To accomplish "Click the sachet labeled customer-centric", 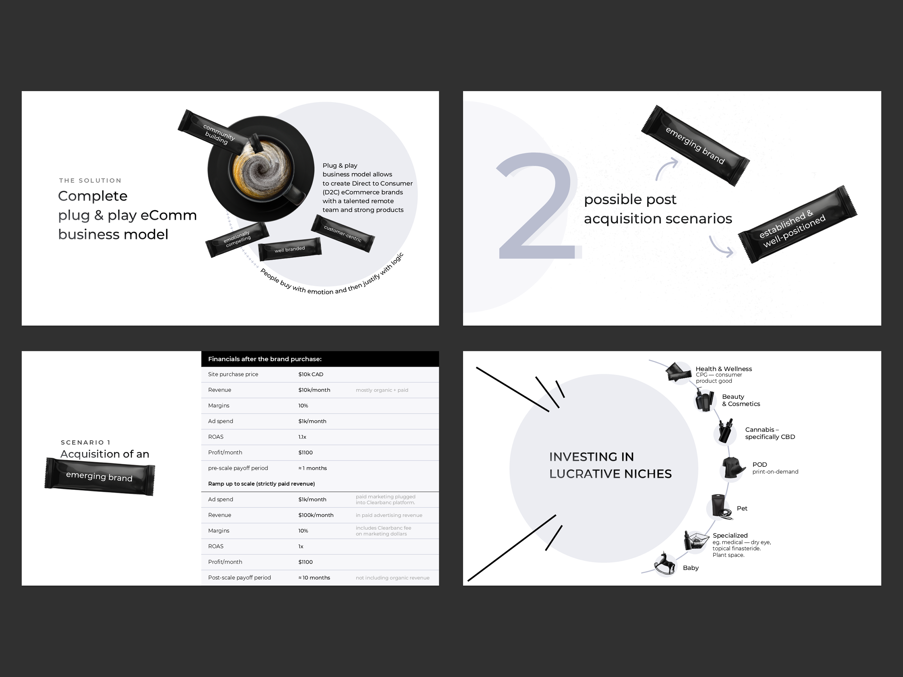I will (x=343, y=233).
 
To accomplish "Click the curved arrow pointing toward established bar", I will (x=720, y=247).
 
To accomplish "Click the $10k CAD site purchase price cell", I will (x=311, y=374).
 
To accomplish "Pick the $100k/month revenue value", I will (x=315, y=515).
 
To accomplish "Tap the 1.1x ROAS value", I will (x=302, y=437).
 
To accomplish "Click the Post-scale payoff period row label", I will (x=239, y=577).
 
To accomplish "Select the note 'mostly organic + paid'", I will (x=382, y=390).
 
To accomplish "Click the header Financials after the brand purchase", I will (x=264, y=359).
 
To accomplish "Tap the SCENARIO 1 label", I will (x=86, y=442).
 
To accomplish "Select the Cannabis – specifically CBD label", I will (x=770, y=433).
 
